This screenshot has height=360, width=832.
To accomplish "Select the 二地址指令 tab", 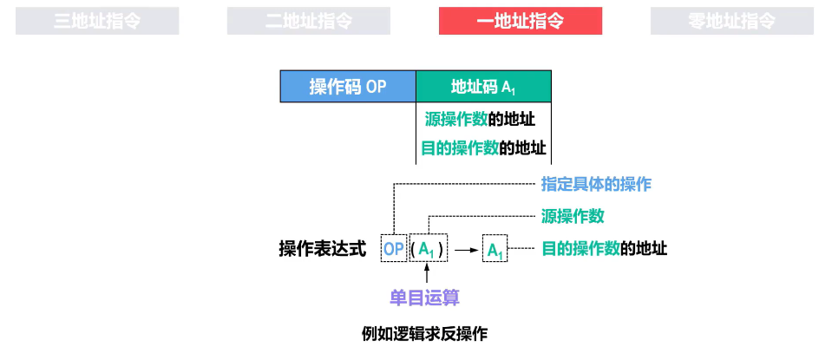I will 309,22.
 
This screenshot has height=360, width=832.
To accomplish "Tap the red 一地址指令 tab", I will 521,22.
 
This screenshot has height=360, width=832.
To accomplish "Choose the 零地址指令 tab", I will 732,22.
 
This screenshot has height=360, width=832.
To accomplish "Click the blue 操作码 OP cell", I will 348,87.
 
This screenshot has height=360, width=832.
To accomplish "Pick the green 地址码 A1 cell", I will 484,87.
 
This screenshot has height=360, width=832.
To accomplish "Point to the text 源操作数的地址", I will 480,119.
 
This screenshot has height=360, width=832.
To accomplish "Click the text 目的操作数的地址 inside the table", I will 483,147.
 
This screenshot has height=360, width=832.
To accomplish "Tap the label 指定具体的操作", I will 596,183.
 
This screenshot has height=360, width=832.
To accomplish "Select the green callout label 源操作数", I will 573,216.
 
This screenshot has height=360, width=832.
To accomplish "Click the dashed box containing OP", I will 394,250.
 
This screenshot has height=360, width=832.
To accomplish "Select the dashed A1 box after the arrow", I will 495,251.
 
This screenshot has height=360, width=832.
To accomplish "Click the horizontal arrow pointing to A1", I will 468,251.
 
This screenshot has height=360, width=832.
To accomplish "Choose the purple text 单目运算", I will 424,298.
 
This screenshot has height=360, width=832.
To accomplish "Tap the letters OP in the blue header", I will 376,87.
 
